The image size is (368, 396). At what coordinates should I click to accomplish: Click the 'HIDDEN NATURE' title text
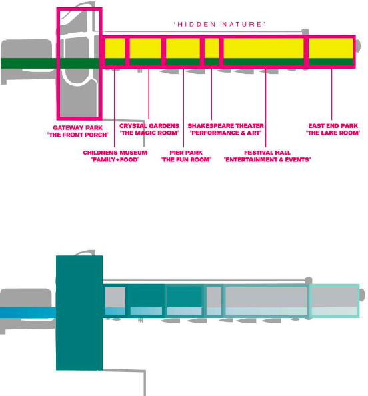(x=219, y=24)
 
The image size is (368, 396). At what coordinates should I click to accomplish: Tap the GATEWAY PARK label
(x=78, y=128)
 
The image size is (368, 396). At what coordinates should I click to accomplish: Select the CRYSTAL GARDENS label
(x=149, y=126)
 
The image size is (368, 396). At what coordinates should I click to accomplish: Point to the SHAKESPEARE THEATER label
(x=225, y=126)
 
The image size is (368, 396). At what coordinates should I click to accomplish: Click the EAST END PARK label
(x=333, y=126)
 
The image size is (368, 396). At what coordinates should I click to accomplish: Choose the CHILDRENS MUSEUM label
(x=115, y=153)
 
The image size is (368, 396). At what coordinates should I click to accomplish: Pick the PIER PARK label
(x=186, y=153)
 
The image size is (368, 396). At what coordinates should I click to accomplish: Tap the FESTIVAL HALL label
(x=267, y=153)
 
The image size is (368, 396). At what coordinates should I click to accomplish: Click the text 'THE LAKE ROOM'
(x=333, y=133)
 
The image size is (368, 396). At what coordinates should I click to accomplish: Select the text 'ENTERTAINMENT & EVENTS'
(x=267, y=159)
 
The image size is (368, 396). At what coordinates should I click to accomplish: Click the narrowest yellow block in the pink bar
(x=211, y=48)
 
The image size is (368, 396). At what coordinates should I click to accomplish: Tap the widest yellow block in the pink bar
(x=264, y=48)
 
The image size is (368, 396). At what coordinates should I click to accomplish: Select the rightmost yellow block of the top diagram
(x=331, y=48)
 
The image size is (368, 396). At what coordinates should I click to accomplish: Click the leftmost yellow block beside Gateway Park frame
(x=115, y=48)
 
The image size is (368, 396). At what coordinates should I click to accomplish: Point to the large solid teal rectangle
(x=79, y=313)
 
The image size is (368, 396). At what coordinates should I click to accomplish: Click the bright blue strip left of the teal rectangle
(x=28, y=313)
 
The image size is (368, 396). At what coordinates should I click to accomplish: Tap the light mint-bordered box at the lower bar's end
(x=335, y=301)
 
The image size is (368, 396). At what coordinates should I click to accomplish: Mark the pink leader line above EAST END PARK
(x=331, y=94)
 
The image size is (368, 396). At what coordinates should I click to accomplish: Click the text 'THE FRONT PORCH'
(x=78, y=135)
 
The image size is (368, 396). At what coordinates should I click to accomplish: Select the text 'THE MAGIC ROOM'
(x=149, y=133)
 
